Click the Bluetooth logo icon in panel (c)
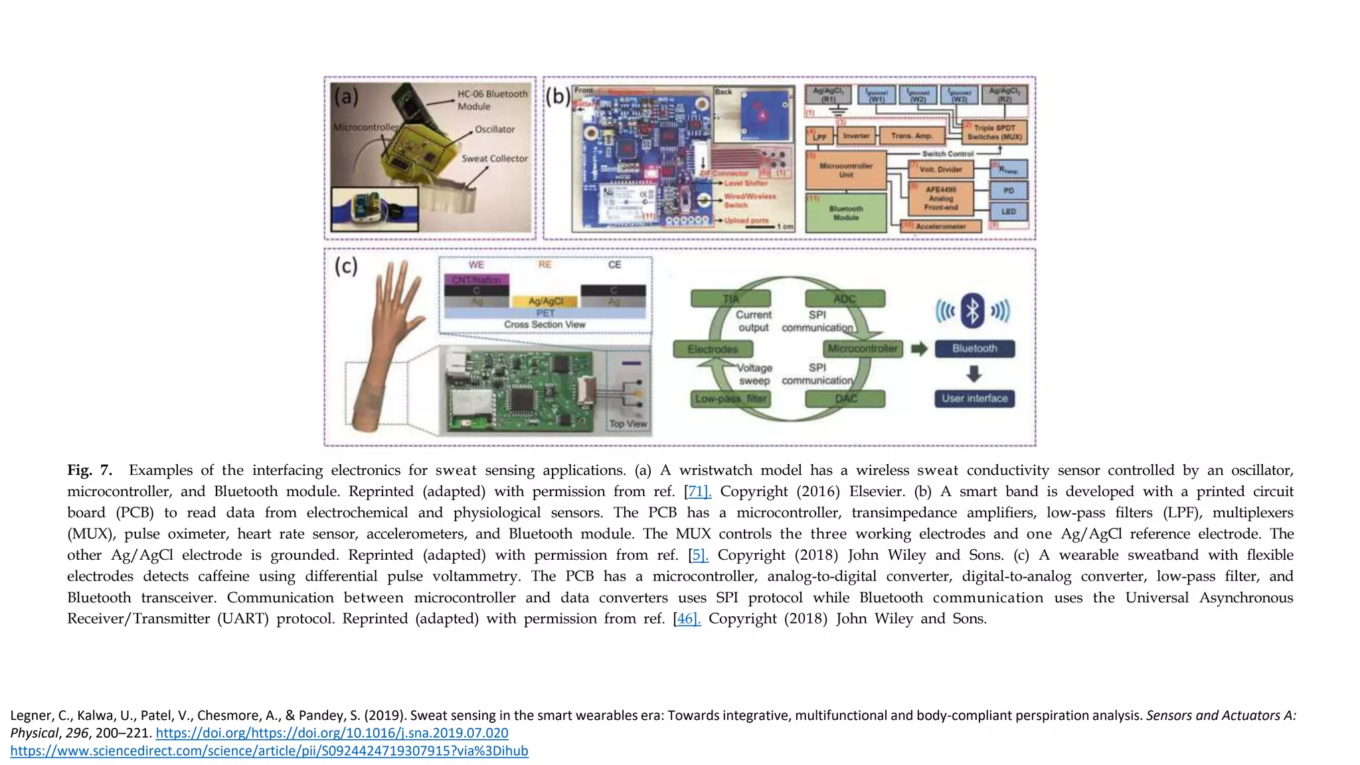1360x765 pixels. pos(973,310)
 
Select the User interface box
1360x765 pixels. pos(974,398)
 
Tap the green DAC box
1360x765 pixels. pos(845,398)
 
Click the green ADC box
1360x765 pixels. pos(845,299)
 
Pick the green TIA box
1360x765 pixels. pos(730,299)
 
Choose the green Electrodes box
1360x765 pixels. pos(713,349)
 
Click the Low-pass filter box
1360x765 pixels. pos(730,398)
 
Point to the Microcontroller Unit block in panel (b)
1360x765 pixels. pos(845,170)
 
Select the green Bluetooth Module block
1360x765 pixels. pos(845,212)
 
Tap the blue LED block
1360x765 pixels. pos(1008,212)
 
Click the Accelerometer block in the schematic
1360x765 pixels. pos(940,226)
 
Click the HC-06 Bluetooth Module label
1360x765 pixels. pos(492,100)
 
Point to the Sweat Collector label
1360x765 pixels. pos(495,159)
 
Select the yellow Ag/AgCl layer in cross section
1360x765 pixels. pos(545,301)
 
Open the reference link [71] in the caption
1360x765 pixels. pos(698,491)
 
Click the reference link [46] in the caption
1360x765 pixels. pos(687,619)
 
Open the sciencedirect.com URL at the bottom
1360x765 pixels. pos(269,751)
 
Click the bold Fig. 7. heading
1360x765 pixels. pos(90,470)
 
